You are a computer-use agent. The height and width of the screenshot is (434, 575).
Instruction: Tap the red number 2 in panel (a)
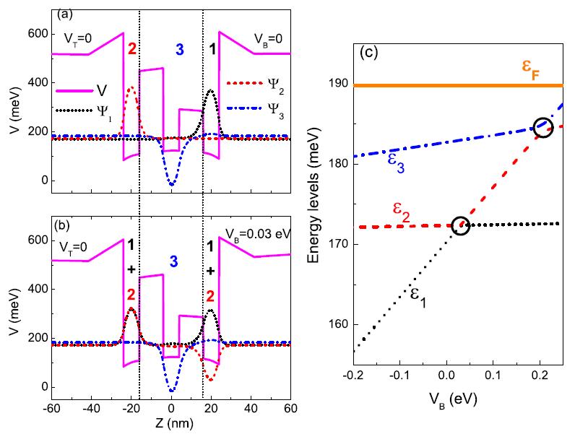coord(131,49)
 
